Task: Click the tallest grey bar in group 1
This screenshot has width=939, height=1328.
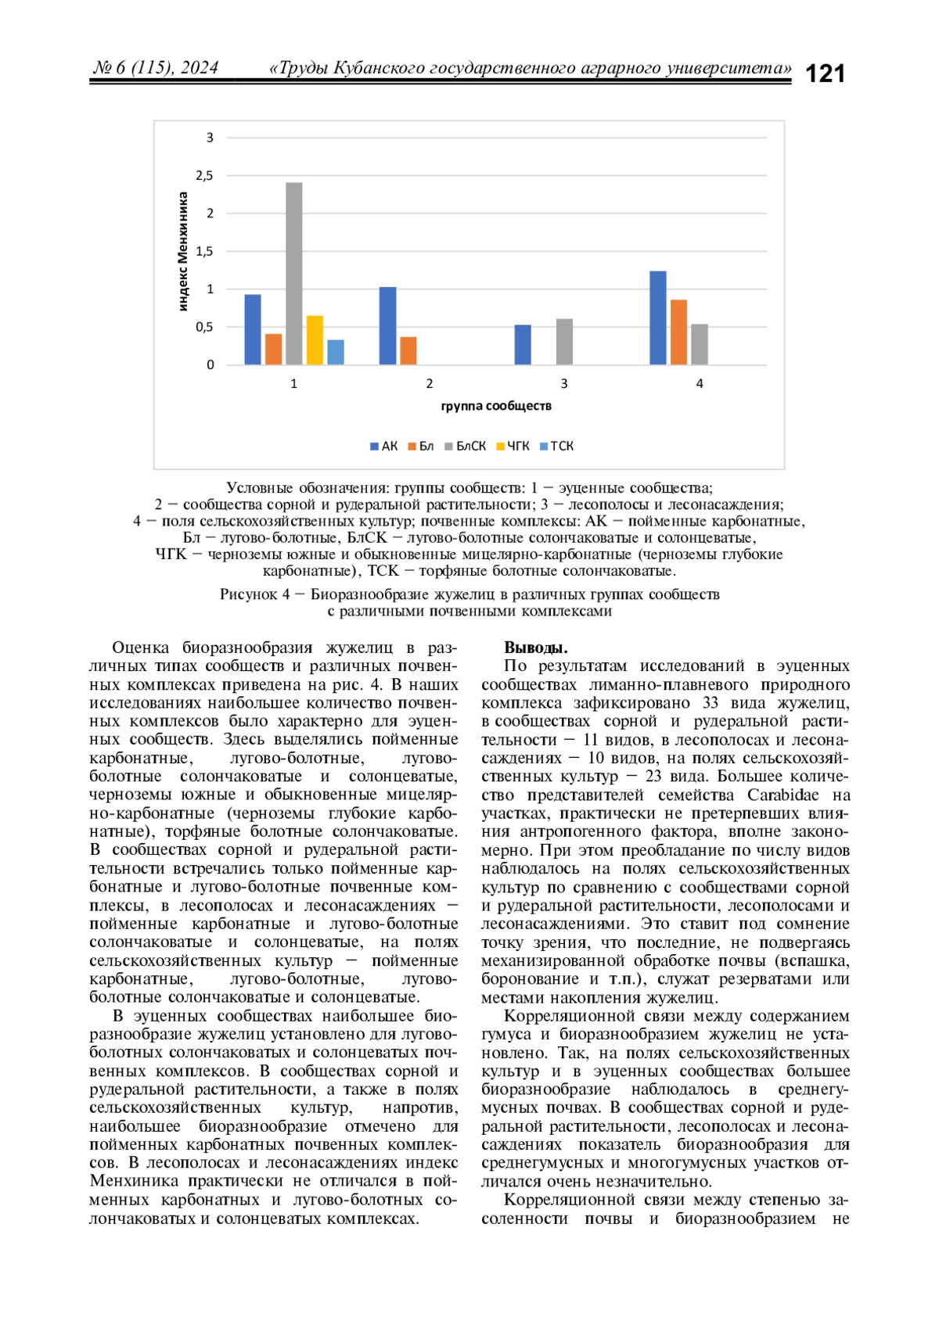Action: [x=294, y=274]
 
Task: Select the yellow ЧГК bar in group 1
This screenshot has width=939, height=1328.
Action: [x=315, y=340]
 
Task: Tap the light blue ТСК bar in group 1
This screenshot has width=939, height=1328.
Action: [x=336, y=352]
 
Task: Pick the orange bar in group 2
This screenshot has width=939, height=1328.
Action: [x=408, y=350]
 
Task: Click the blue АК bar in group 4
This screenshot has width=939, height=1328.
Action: [x=658, y=318]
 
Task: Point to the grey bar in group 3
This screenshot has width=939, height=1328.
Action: [x=564, y=342]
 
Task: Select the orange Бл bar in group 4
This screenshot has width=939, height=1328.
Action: [x=678, y=332]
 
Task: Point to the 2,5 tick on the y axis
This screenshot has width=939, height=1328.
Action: [x=205, y=176]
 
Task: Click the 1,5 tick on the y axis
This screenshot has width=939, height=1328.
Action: [x=205, y=252]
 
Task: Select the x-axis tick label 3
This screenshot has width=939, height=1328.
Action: [x=564, y=384]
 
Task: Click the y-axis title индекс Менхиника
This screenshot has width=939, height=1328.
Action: [x=183, y=252]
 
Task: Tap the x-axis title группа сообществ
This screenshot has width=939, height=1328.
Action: [x=496, y=406]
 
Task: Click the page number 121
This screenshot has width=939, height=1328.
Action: [x=825, y=74]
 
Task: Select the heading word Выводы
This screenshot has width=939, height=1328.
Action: [x=536, y=648]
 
